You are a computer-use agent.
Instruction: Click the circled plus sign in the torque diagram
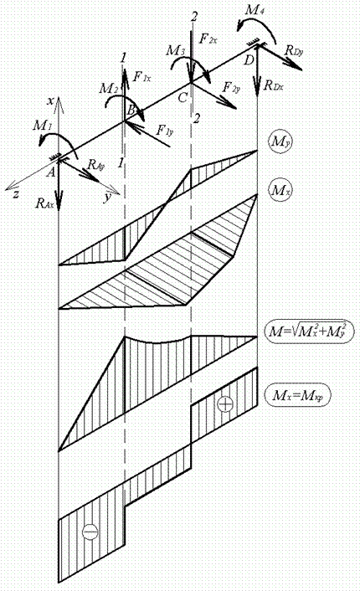coord(225,404)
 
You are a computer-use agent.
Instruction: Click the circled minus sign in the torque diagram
coord(90,532)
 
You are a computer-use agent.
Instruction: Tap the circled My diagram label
coord(279,141)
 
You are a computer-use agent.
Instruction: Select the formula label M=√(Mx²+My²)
coord(305,331)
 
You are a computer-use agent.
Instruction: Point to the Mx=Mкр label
coord(298,395)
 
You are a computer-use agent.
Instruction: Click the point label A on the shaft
coord(51,172)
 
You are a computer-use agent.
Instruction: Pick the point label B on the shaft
coord(131,110)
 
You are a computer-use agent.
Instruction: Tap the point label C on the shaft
coord(182,98)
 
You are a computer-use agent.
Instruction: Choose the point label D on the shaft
coord(249,59)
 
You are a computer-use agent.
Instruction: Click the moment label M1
coord(42,125)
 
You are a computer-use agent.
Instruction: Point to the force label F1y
coord(164,131)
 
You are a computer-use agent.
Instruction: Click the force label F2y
coord(231,87)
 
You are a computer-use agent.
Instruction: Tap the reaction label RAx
coord(45,203)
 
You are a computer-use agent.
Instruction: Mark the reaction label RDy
coord(294,50)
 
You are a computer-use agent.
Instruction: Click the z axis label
coord(16,194)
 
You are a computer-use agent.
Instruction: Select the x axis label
coord(49,100)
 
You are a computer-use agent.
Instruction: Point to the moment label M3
coord(175,50)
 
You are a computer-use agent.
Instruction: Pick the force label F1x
coord(142,77)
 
